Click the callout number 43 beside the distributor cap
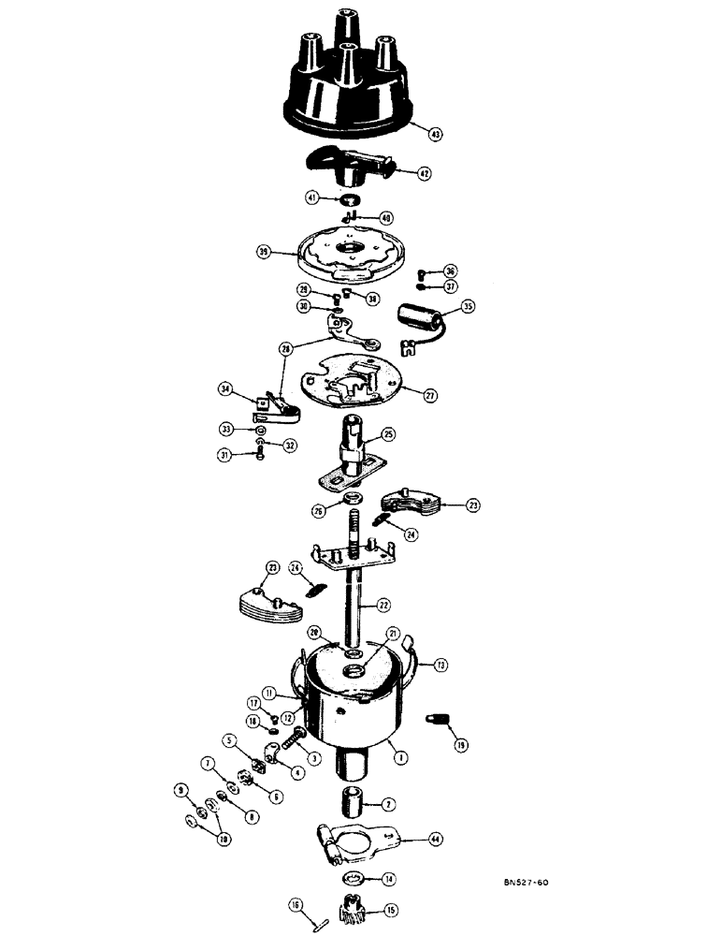[x=435, y=134]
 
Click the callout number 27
[x=430, y=396]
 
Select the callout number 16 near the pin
[x=296, y=905]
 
